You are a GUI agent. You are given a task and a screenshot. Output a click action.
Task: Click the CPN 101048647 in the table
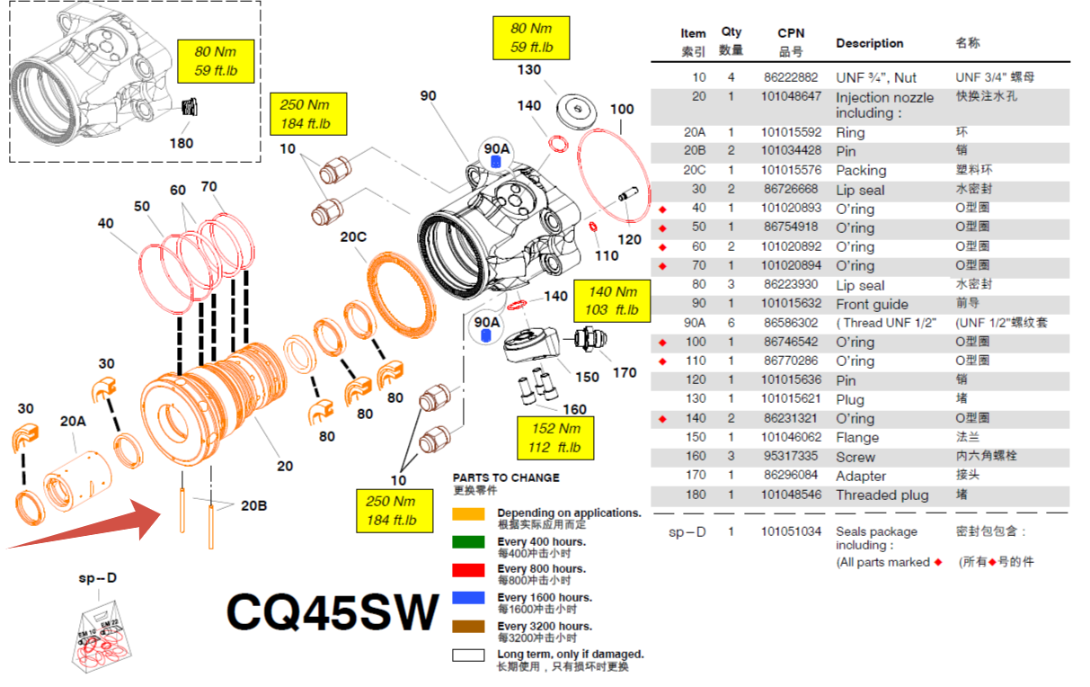[791, 96]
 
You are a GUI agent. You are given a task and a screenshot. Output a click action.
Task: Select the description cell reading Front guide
[872, 304]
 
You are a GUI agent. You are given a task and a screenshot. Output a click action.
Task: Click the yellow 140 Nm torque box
[612, 300]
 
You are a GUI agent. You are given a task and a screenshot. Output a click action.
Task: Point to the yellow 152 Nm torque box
[556, 438]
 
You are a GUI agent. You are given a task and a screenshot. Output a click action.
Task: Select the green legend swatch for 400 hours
[468, 542]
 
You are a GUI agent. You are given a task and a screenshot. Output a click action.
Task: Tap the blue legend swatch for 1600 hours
[468, 598]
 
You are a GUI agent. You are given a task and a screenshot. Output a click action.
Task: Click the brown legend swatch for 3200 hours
[468, 627]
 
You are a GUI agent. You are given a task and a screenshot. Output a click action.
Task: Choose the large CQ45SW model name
[332, 611]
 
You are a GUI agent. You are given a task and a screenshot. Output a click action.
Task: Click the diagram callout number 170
[624, 372]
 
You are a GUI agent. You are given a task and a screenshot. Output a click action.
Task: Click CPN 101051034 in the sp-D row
[791, 531]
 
